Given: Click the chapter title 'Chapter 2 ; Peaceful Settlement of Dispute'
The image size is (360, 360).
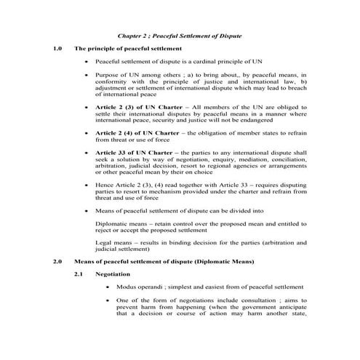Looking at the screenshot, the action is click(x=179, y=36).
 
